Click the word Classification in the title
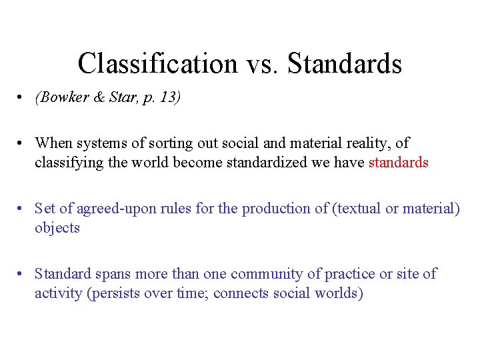(x=157, y=64)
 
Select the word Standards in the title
(x=346, y=64)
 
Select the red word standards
(x=398, y=162)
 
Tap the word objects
(x=57, y=227)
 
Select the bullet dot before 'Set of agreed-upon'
(x=23, y=209)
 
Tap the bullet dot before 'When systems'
(x=23, y=143)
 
